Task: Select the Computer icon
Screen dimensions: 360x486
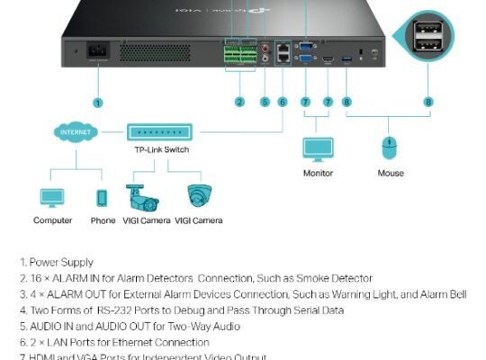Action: tap(52, 197)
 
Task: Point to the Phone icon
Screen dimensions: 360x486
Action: tap(103, 197)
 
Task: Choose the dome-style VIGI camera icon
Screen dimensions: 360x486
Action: tap(199, 195)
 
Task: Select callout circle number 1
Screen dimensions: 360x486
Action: tap(97, 103)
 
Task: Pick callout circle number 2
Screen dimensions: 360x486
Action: tap(239, 103)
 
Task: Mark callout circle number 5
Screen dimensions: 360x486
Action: tap(265, 103)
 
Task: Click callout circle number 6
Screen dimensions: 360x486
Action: tap(283, 103)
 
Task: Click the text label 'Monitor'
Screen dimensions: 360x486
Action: tap(318, 173)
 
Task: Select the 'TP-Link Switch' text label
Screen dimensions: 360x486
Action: tap(156, 150)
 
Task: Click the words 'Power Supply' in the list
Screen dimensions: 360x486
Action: tap(61, 263)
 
